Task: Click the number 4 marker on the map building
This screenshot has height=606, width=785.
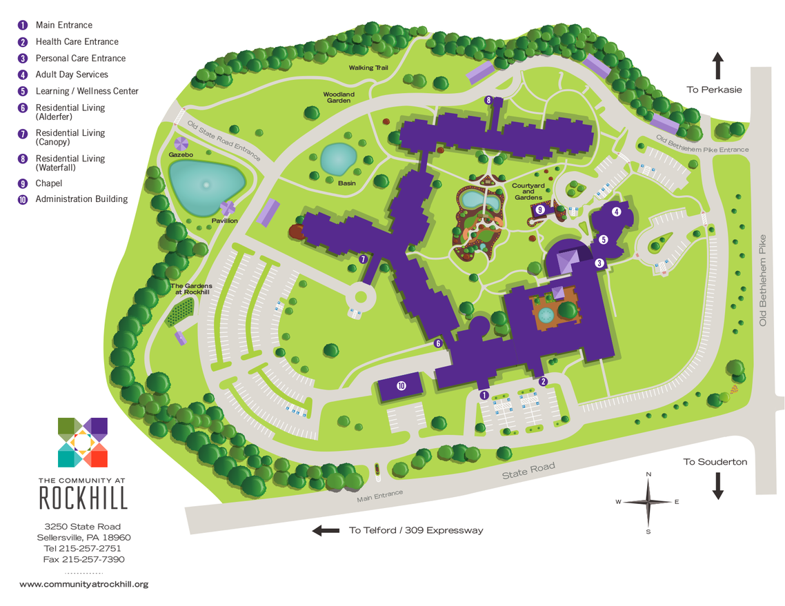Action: click(x=616, y=212)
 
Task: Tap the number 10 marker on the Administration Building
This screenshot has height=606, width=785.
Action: click(x=401, y=385)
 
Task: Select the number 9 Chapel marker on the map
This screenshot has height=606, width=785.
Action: click(x=540, y=210)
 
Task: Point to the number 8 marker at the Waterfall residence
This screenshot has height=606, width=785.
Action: click(x=488, y=100)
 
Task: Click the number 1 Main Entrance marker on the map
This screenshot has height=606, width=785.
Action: click(x=484, y=395)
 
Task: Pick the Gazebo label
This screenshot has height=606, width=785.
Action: click(x=181, y=155)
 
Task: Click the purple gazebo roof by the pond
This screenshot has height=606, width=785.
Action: click(x=181, y=143)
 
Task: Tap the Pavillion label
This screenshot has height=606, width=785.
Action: click(x=225, y=221)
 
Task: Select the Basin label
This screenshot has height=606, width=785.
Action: click(x=346, y=183)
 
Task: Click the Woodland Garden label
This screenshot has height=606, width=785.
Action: click(x=339, y=97)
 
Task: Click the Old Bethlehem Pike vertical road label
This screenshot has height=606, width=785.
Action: click(x=763, y=279)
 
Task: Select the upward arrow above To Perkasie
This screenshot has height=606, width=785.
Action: click(x=717, y=65)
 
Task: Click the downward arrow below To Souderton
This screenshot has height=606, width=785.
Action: click(x=717, y=485)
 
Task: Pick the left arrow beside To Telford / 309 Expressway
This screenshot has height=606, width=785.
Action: click(x=326, y=530)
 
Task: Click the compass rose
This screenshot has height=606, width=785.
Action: click(x=648, y=502)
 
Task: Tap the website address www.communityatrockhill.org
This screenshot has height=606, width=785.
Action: click(x=83, y=584)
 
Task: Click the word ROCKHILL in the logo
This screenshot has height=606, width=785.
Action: click(x=83, y=497)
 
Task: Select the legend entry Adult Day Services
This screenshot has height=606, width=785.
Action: click(x=72, y=74)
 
